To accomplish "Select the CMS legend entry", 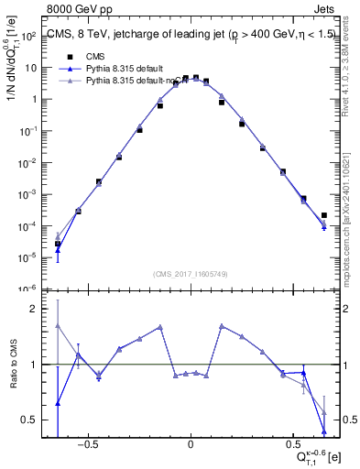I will [96, 56].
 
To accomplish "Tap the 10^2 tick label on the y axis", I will [28, 36].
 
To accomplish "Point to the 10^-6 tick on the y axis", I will [27, 289].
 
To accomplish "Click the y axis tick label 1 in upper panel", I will [34, 99].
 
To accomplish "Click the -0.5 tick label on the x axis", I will [86, 449].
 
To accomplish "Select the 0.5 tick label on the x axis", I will [295, 449].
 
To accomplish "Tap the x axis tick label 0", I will [190, 449].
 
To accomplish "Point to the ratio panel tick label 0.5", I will [28, 420].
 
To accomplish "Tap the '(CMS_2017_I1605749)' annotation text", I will [190, 274].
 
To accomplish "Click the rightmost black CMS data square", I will [324, 216].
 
